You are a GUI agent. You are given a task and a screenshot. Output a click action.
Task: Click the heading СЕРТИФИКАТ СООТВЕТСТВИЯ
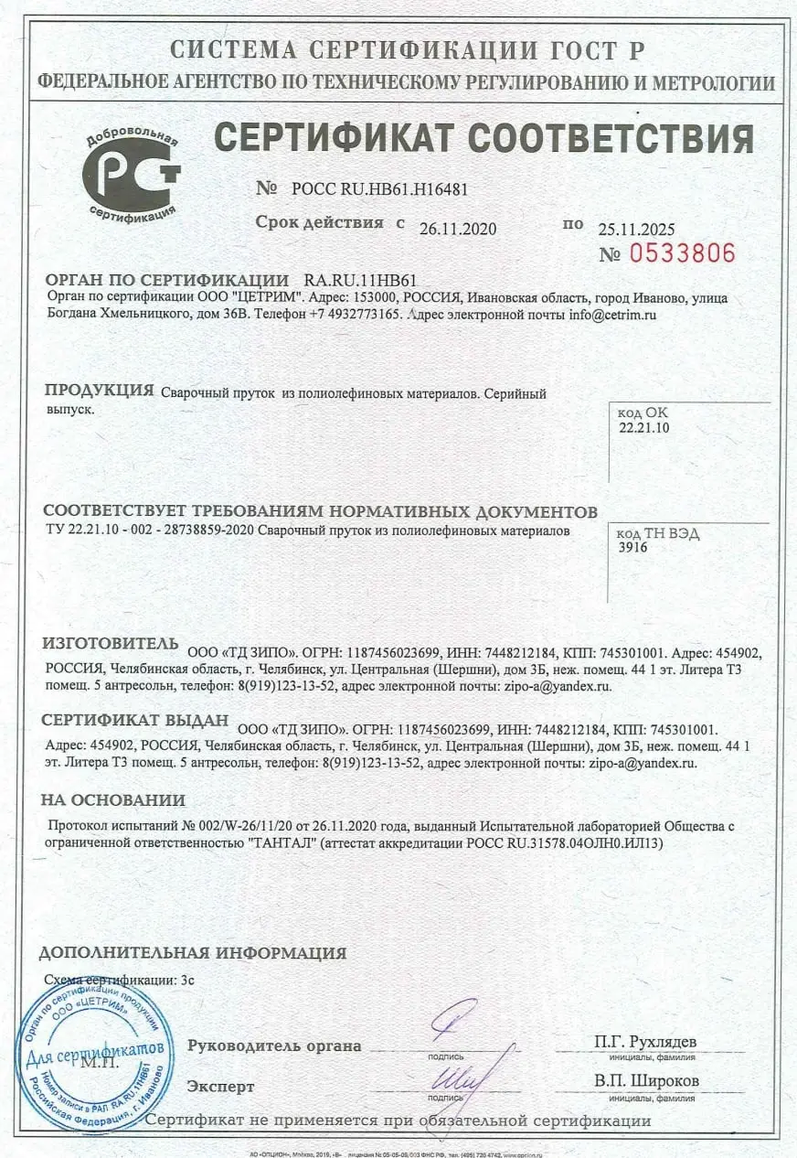tap(484, 138)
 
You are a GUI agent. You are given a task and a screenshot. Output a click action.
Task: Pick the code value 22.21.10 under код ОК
tap(643, 427)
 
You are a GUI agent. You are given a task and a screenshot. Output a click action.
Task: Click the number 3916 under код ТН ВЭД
tap(633, 547)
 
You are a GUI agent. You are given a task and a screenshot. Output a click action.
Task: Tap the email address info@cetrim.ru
tap(612, 315)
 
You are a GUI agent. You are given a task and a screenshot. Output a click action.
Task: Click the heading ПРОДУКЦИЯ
tap(99, 391)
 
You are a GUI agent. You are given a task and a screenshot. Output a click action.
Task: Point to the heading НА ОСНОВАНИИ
tap(112, 800)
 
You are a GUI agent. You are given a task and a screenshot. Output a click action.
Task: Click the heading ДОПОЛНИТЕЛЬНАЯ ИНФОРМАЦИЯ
tap(192, 953)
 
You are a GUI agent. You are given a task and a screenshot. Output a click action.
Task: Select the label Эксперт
tap(220, 1087)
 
